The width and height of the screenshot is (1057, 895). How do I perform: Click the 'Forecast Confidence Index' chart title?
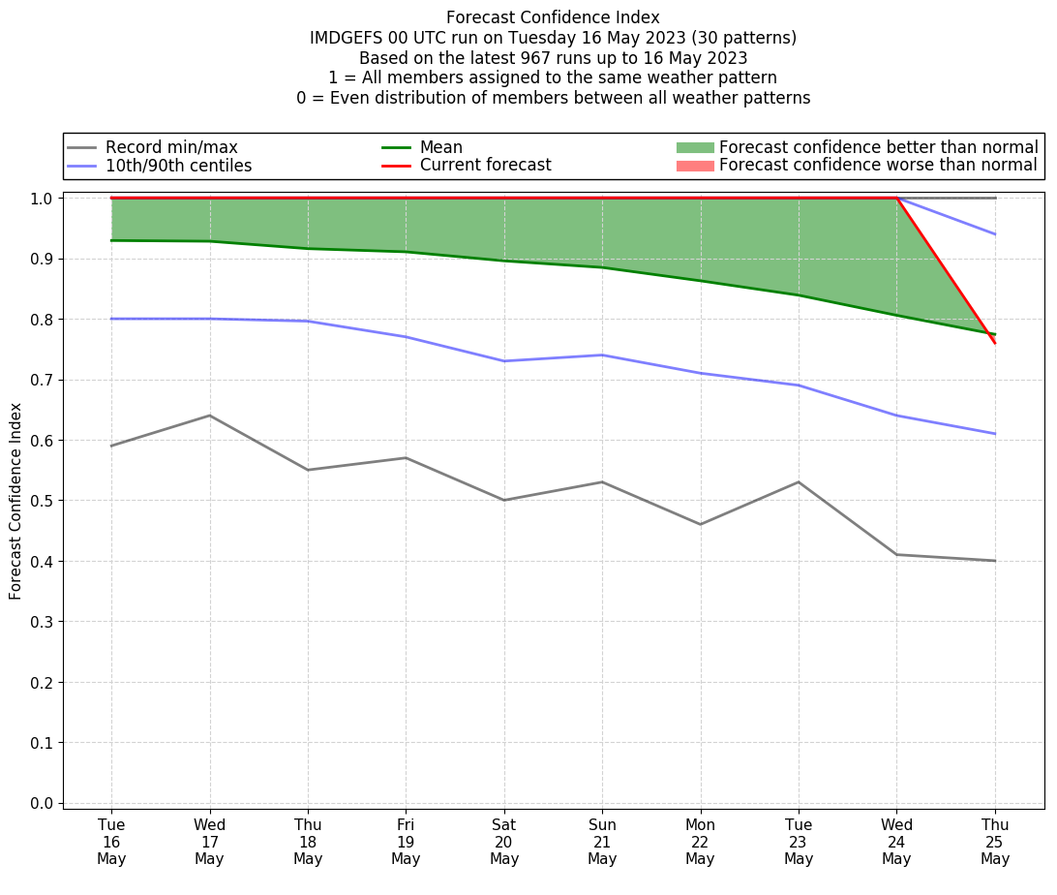pos(553,17)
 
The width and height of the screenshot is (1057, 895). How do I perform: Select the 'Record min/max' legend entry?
pos(171,147)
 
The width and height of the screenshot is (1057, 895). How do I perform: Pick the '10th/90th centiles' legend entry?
pos(178,166)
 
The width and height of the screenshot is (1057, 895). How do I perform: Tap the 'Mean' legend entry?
pos(440,147)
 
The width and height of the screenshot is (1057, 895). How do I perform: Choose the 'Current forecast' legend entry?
pos(485,166)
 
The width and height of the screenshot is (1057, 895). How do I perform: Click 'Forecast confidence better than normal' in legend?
pos(878,147)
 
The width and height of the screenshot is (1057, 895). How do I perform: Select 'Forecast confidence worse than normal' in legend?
pos(878,166)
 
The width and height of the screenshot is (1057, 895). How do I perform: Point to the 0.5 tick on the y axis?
pos(44,501)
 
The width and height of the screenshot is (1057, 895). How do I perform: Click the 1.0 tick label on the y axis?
pos(44,199)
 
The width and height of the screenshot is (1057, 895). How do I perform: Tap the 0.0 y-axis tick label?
pos(44,803)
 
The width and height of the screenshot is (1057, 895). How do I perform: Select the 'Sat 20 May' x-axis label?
pos(504,841)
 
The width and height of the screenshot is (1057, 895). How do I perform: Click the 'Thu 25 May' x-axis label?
pos(995,841)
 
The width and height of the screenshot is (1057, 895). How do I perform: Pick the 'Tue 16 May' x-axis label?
pos(111,841)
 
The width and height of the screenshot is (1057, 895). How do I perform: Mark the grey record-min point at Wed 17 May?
pos(209,416)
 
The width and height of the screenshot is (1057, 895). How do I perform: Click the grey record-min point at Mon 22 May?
pos(700,524)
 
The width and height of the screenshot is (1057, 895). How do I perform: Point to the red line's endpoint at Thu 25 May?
pos(995,343)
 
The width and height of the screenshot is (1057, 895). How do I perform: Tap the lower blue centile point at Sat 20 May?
pos(504,361)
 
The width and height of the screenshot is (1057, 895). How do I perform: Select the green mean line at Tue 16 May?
pos(111,240)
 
